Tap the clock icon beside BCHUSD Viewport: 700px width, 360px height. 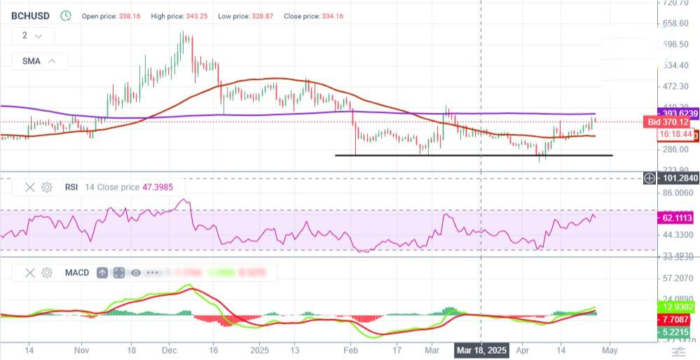(66, 15)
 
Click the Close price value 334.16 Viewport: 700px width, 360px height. (329, 16)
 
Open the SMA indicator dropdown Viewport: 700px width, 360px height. (39, 61)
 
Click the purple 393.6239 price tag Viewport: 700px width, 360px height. (679, 113)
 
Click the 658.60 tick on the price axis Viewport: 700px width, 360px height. (675, 24)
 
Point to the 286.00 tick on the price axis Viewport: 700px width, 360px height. (675, 149)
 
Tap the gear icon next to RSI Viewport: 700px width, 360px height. (47, 187)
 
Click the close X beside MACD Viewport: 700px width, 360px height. (30, 272)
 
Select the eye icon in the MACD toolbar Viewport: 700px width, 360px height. (135, 272)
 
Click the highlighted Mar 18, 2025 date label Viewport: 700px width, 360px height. (481, 349)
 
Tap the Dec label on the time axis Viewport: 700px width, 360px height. (170, 349)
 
